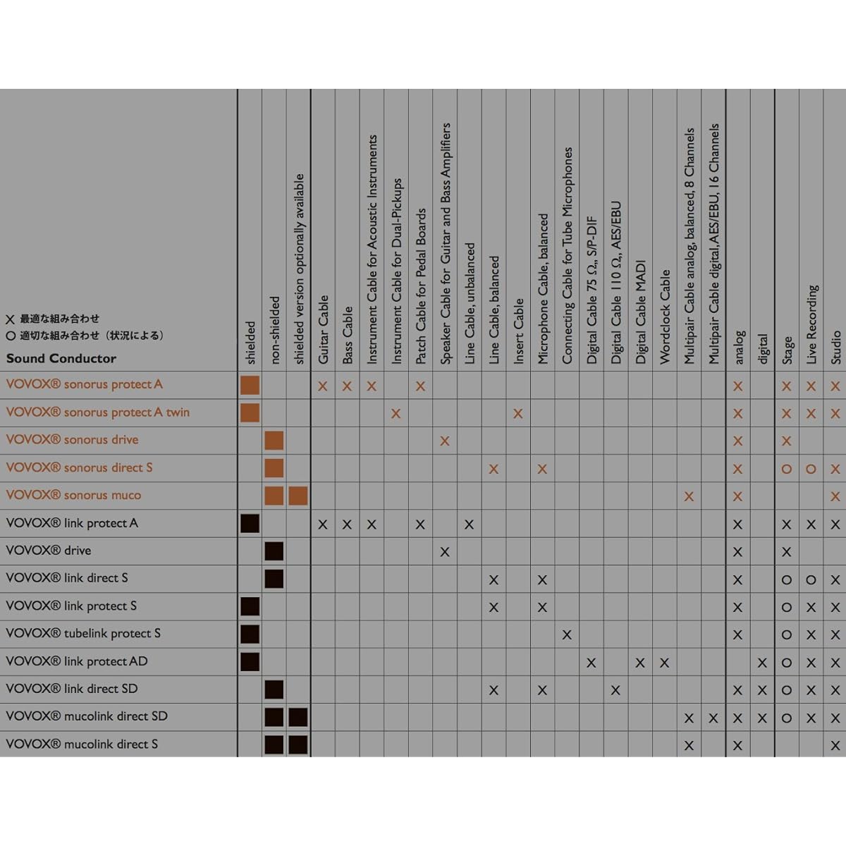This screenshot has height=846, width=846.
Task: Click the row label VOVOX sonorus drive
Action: coord(72,440)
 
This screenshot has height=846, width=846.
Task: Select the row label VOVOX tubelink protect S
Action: coord(83,634)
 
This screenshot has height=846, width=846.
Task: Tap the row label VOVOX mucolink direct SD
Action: coord(87,716)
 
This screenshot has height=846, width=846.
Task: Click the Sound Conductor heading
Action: coord(61,358)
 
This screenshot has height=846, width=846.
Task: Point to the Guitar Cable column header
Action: coord(323,330)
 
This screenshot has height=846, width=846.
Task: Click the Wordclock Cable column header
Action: coord(665,317)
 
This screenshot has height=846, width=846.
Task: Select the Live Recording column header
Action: coord(811,324)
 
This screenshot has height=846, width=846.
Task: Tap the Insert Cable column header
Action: coord(518,331)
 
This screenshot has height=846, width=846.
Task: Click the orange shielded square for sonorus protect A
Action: coord(250,385)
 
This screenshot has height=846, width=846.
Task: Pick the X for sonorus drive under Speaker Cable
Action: coord(445,441)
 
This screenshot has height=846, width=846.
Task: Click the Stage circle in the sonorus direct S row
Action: coord(786,469)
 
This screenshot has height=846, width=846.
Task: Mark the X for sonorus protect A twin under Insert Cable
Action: coord(518,413)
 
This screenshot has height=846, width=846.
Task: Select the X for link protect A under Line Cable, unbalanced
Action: coord(469,525)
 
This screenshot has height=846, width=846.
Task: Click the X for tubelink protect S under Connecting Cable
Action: coord(567,634)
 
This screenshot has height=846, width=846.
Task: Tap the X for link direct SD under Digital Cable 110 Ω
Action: coord(615,690)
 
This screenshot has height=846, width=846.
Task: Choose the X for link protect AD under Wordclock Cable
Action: coord(664,663)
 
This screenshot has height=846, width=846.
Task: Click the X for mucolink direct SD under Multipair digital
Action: coord(713,718)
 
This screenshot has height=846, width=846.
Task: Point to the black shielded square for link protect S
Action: coord(250,606)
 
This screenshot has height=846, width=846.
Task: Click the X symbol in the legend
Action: coord(11,319)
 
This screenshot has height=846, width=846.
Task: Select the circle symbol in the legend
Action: coord(11,336)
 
